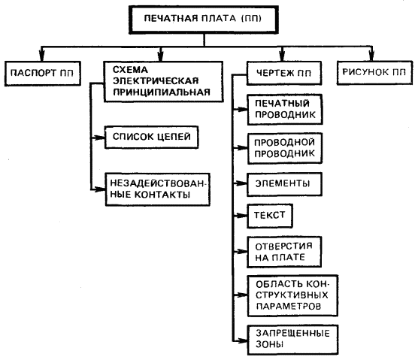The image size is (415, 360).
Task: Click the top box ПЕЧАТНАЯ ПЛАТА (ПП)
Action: (204, 20)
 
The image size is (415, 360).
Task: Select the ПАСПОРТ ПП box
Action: (43, 73)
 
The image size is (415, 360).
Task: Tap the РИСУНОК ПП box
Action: (374, 72)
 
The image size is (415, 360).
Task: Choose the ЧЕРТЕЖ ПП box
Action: (284, 73)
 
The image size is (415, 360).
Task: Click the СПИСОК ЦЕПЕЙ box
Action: (151, 137)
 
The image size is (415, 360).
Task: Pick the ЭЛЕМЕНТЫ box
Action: (284, 184)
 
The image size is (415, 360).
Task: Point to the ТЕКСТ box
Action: (270, 216)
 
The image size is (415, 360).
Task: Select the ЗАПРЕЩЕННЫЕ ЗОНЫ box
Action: (292, 340)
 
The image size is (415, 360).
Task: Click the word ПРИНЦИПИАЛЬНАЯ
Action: (162, 92)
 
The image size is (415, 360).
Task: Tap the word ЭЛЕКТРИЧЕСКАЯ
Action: (156, 80)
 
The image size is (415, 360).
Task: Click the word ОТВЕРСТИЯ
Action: (283, 247)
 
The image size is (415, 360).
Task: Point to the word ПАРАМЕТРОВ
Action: (289, 306)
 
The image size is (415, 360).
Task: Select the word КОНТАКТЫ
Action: (162, 195)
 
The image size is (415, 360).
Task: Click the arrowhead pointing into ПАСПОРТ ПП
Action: (41, 56)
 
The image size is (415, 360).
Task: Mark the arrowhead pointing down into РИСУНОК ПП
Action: (371, 56)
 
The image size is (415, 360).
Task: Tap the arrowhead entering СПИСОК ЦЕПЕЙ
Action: (100, 138)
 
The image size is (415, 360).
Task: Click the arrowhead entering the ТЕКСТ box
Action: (242, 216)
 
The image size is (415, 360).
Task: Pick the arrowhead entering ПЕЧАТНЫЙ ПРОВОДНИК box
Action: (242, 109)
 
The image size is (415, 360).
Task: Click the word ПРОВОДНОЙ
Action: (284, 142)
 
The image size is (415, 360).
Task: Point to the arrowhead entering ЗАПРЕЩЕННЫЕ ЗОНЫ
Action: (242, 340)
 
